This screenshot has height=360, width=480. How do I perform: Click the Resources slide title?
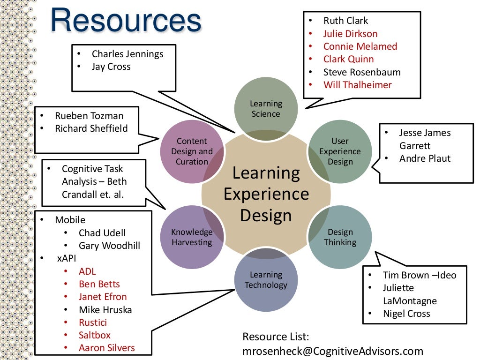click(x=126, y=21)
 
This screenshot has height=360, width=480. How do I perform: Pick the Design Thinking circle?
click(x=340, y=237)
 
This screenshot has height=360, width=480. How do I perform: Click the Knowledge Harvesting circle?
click(x=192, y=237)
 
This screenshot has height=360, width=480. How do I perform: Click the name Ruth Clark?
click(x=345, y=21)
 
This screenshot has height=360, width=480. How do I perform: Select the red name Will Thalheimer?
click(x=357, y=85)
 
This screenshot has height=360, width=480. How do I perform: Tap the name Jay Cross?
click(x=111, y=67)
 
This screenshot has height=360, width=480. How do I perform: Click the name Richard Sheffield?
click(x=91, y=128)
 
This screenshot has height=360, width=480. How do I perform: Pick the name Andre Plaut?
click(x=425, y=158)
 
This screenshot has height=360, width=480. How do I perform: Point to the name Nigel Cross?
click(x=406, y=314)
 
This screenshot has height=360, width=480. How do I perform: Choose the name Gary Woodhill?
click(x=109, y=246)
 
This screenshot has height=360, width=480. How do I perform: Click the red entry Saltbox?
click(x=95, y=335)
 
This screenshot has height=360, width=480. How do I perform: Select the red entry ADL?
click(x=87, y=271)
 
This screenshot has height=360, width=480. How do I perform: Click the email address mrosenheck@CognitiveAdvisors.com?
click(x=332, y=351)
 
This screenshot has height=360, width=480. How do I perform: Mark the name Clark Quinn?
click(x=348, y=59)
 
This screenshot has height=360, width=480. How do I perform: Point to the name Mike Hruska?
click(x=105, y=309)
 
